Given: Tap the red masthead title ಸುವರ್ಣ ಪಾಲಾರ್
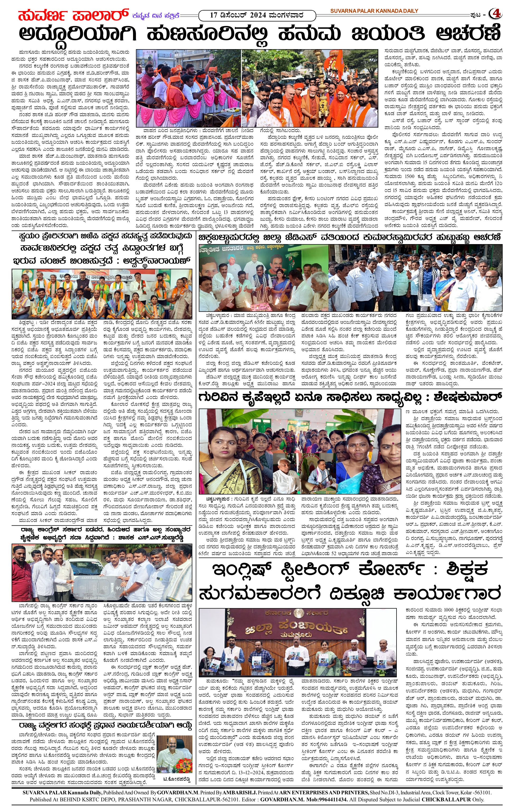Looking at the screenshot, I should point(73,15).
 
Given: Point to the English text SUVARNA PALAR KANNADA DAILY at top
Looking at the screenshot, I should point(374,11).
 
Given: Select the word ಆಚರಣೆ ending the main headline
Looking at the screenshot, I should point(468,34).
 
